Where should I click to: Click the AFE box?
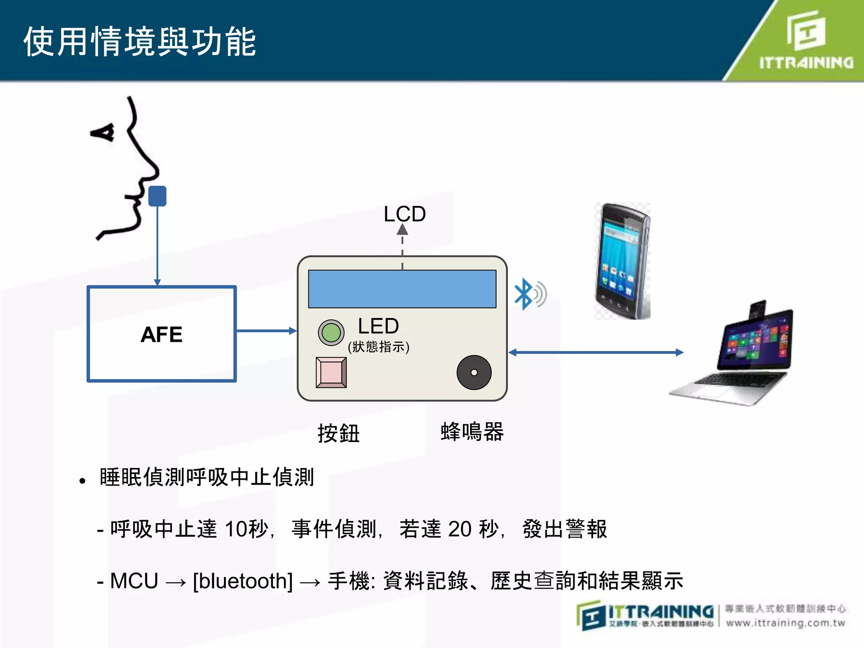[162, 334]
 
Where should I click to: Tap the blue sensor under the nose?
[157, 196]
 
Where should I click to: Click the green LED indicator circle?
[331, 333]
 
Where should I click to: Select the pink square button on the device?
[331, 373]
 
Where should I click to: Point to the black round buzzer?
[474, 373]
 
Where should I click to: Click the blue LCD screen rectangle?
[402, 289]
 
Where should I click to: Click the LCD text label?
[405, 214]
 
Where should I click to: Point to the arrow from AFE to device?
[266, 331]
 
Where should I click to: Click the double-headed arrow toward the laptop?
[596, 352]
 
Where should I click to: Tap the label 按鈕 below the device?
[338, 433]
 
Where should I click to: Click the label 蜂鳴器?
[472, 432]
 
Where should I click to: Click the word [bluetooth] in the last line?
[243, 581]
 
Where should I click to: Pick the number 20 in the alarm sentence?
[459, 529]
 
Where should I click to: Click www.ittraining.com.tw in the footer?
[786, 623]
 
